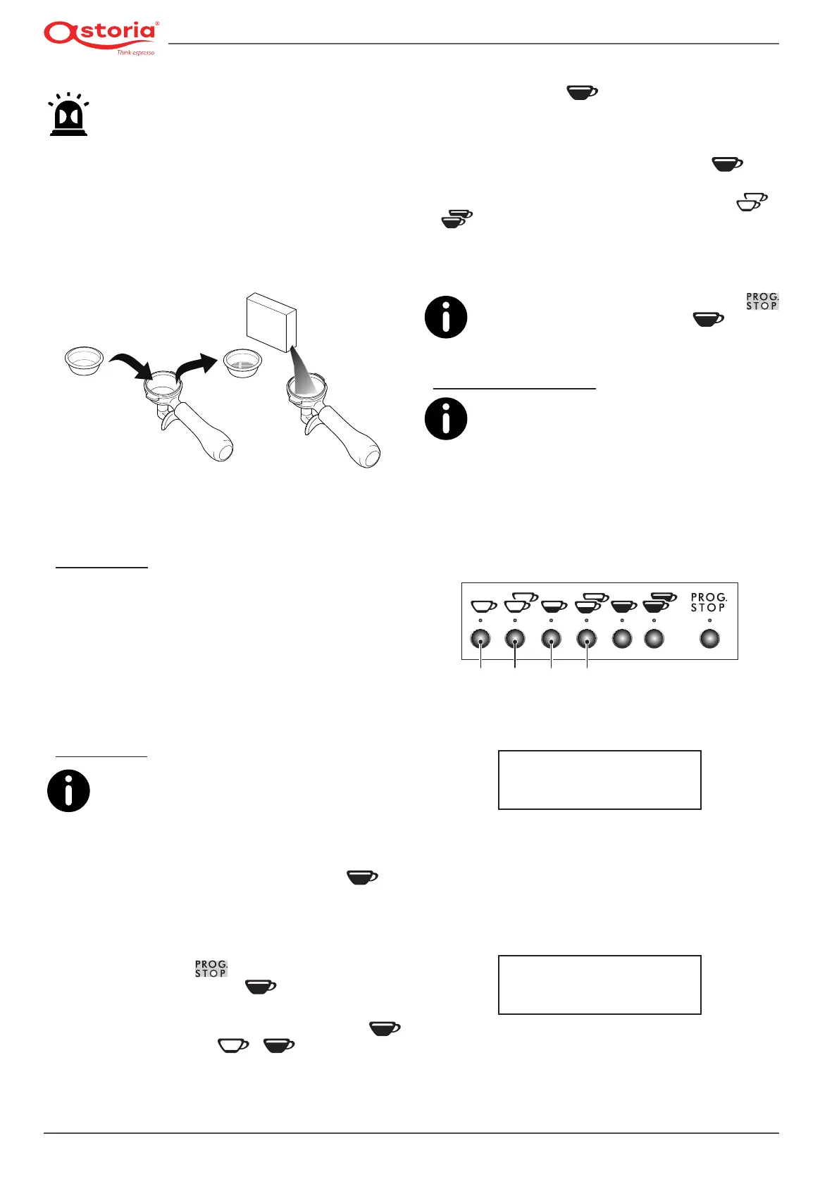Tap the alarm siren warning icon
[x=68, y=115]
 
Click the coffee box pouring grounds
[x=271, y=321]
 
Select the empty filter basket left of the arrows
[x=84, y=360]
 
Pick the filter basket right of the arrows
[x=242, y=362]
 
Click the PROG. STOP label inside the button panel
[x=708, y=602]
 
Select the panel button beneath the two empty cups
[x=515, y=639]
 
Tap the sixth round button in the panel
[x=654, y=639]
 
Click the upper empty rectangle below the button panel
[x=599, y=780]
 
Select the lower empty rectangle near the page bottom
[x=599, y=985]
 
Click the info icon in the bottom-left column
[x=68, y=791]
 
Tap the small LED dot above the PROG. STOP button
[x=709, y=620]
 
